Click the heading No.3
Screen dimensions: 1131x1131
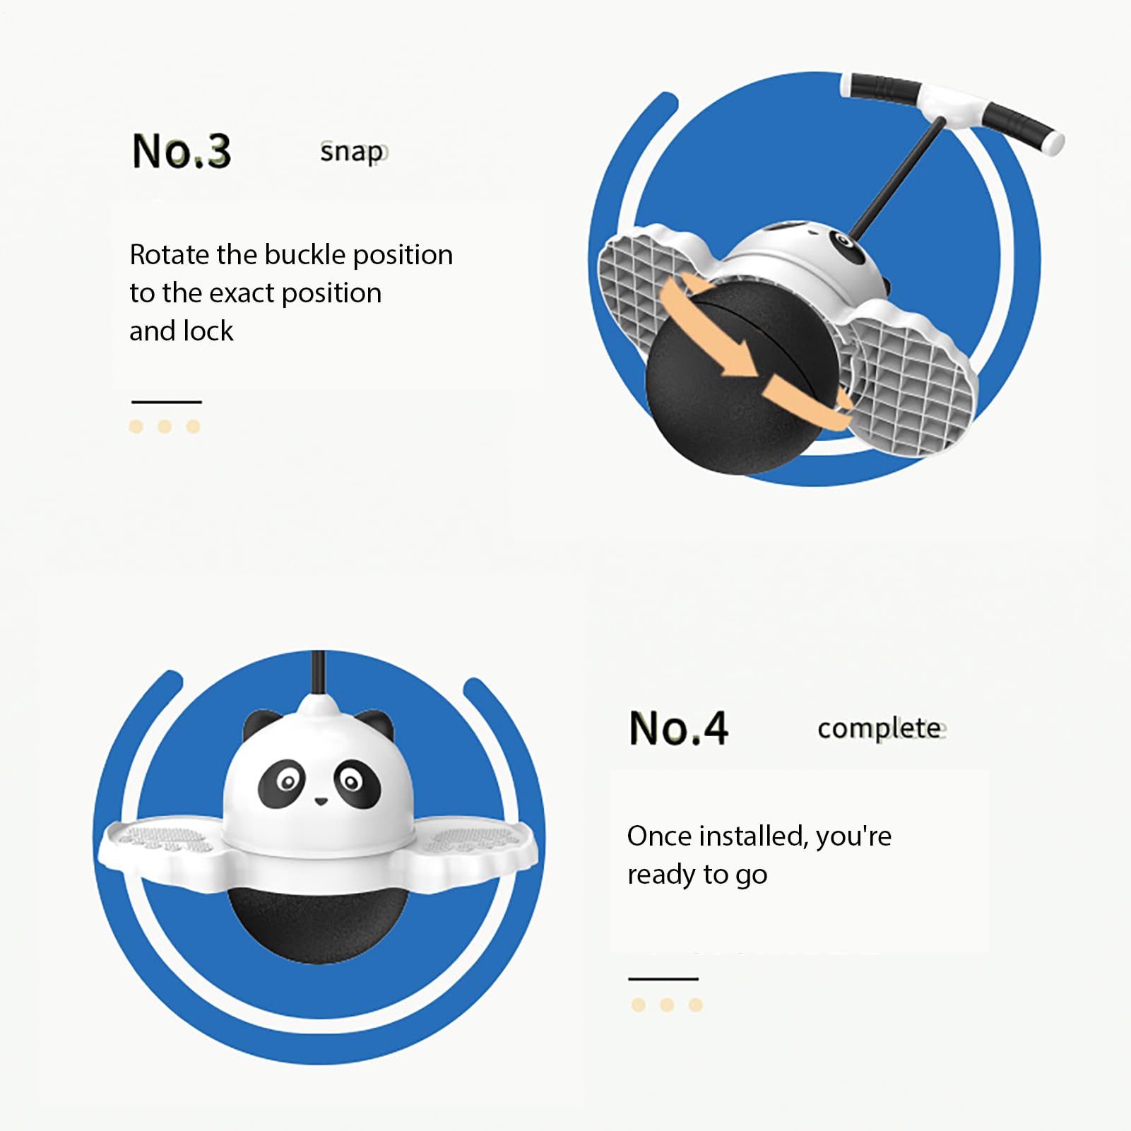[182, 150]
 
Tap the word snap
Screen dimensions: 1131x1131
[353, 152]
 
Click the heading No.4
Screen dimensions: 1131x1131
[678, 728]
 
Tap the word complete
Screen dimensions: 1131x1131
[880, 728]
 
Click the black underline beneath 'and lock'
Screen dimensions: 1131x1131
[167, 402]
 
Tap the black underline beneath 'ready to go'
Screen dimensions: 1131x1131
[663, 979]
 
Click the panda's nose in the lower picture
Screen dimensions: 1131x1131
[321, 801]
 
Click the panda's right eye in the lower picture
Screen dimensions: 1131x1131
[355, 783]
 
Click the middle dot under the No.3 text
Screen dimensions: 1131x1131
[165, 427]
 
